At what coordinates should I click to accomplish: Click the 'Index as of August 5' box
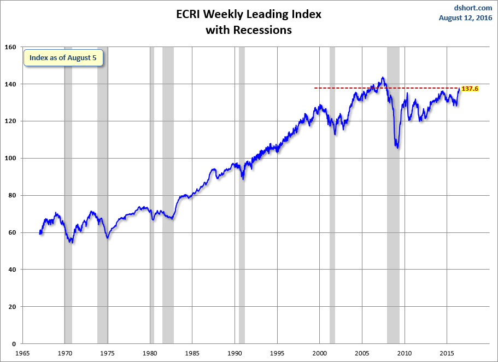(63, 57)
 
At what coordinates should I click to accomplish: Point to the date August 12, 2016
(466, 17)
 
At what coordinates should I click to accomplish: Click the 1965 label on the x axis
(22, 353)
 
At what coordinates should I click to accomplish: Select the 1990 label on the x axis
(235, 353)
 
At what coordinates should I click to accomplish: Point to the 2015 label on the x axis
(447, 353)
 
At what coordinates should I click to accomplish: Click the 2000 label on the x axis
(320, 353)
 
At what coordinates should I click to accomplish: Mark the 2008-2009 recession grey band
(393, 219)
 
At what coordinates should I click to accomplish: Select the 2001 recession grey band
(332, 219)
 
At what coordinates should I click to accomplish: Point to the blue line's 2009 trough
(397, 147)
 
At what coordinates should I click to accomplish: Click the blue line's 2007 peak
(383, 78)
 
